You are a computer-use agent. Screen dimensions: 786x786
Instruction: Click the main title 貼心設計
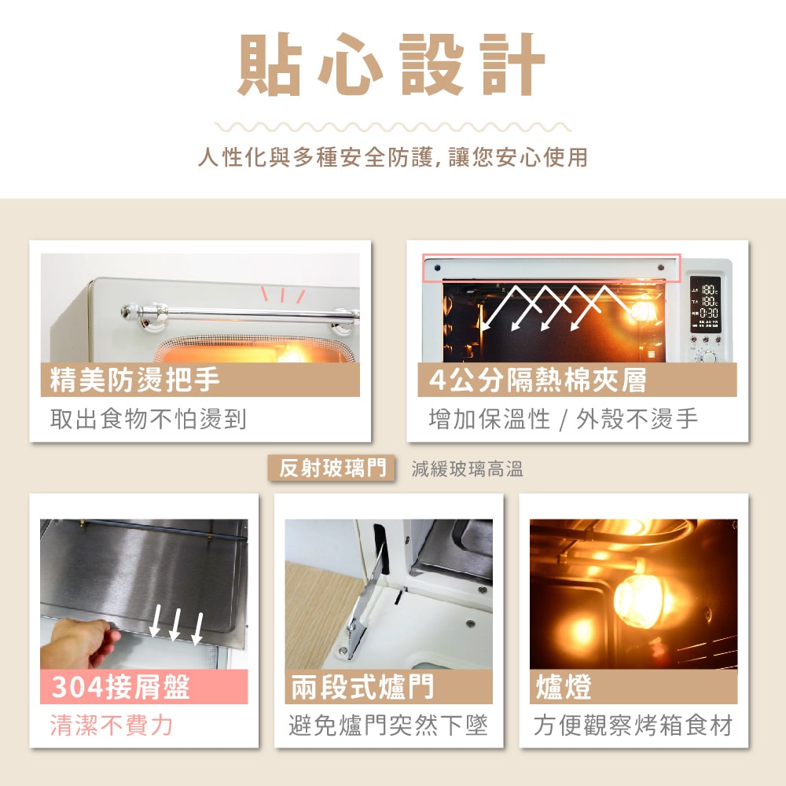coord(391,64)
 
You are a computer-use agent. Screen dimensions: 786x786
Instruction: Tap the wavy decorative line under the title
coord(392,127)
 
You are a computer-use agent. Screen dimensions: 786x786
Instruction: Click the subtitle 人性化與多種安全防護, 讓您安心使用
coord(392,157)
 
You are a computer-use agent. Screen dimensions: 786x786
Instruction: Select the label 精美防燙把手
coord(134,380)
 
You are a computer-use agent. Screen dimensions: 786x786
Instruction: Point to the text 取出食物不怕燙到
coord(148,419)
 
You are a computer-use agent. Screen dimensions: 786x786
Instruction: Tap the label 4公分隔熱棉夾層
coord(538,380)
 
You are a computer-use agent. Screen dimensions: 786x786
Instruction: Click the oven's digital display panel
coord(705,303)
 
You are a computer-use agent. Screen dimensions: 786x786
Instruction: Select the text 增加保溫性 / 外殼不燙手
coord(563,419)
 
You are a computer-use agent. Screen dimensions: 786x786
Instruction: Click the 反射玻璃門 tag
coord(332,468)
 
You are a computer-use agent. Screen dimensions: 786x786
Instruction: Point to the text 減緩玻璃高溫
coord(467,469)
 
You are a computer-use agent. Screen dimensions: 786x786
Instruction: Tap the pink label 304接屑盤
coord(121,687)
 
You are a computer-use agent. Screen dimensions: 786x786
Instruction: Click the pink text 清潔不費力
coord(112,725)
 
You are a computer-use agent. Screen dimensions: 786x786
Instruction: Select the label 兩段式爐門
coord(362,687)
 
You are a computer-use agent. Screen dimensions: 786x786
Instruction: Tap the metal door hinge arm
coord(365,601)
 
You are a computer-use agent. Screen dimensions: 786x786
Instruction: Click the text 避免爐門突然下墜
coord(388,725)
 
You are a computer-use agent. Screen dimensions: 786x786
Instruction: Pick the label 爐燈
coord(564,687)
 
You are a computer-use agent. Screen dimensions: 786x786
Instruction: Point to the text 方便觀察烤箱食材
coord(633,725)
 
